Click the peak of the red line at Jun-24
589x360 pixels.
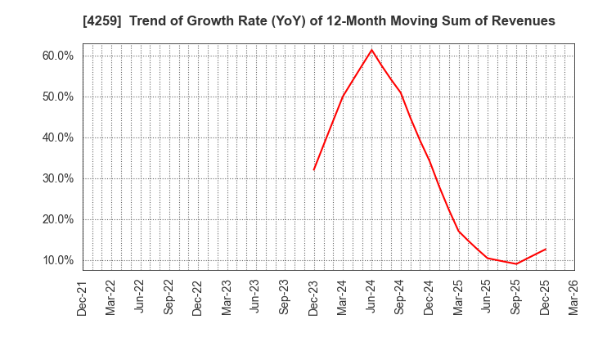pos(371,50)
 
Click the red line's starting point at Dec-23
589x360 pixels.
pos(314,170)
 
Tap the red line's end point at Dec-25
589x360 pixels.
pos(546,249)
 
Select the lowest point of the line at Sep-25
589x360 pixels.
pos(516,263)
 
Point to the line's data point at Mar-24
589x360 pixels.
pos(343,97)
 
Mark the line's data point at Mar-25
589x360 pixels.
pos(459,231)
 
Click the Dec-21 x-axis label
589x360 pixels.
pos(83,298)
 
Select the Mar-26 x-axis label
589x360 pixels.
pos(574,298)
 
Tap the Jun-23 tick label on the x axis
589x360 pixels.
pos(256,298)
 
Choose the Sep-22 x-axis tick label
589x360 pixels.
pos(169,298)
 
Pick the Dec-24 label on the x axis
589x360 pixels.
pos(429,298)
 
